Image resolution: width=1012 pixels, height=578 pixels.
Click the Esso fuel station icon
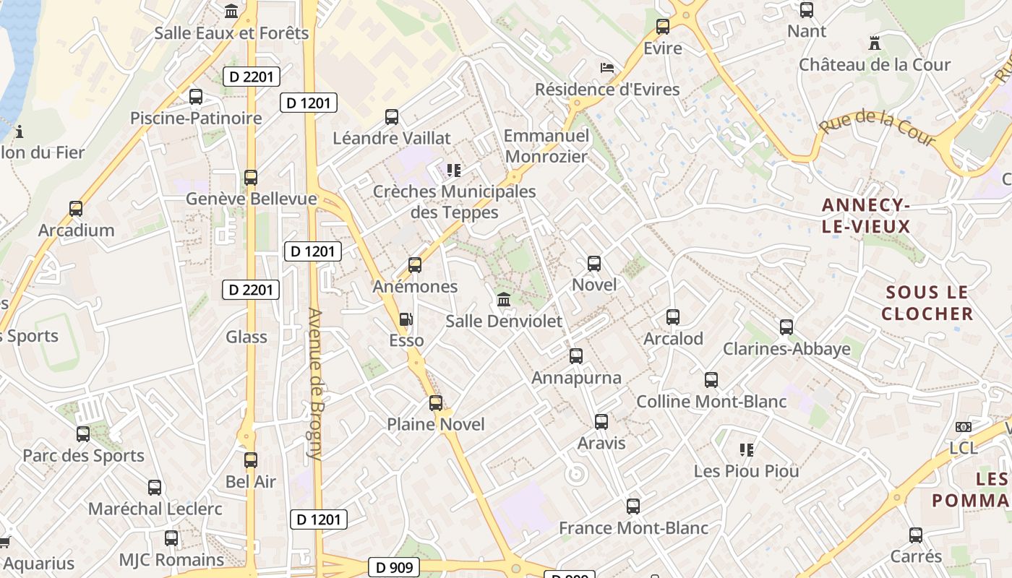[406, 319]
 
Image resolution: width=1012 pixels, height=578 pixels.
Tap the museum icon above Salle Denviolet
[504, 299]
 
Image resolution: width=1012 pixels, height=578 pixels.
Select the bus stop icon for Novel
[594, 264]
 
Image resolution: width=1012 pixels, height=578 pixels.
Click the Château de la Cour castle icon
[875, 43]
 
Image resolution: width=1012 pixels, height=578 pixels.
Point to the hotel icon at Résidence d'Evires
[607, 69]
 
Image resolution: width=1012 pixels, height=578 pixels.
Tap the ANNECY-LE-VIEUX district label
[865, 216]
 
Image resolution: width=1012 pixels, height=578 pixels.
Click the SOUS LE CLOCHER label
[927, 303]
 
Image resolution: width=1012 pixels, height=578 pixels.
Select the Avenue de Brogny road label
[315, 384]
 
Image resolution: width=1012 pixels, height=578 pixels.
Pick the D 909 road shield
[395, 567]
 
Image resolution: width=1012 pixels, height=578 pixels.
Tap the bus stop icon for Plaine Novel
[436, 403]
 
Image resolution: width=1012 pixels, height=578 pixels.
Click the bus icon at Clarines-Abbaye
[786, 327]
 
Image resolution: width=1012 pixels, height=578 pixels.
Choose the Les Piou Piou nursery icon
[747, 450]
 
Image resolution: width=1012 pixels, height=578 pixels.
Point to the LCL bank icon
[963, 427]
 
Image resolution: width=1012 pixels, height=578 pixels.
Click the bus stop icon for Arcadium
[76, 209]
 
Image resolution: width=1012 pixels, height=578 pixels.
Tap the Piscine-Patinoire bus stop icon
[196, 97]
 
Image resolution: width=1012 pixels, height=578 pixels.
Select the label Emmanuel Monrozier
[546, 146]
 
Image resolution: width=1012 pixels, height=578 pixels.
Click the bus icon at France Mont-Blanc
[633, 506]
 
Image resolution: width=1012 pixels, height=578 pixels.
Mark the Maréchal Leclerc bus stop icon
[155, 488]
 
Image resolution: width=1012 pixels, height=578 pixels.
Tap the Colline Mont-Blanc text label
[711, 402]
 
